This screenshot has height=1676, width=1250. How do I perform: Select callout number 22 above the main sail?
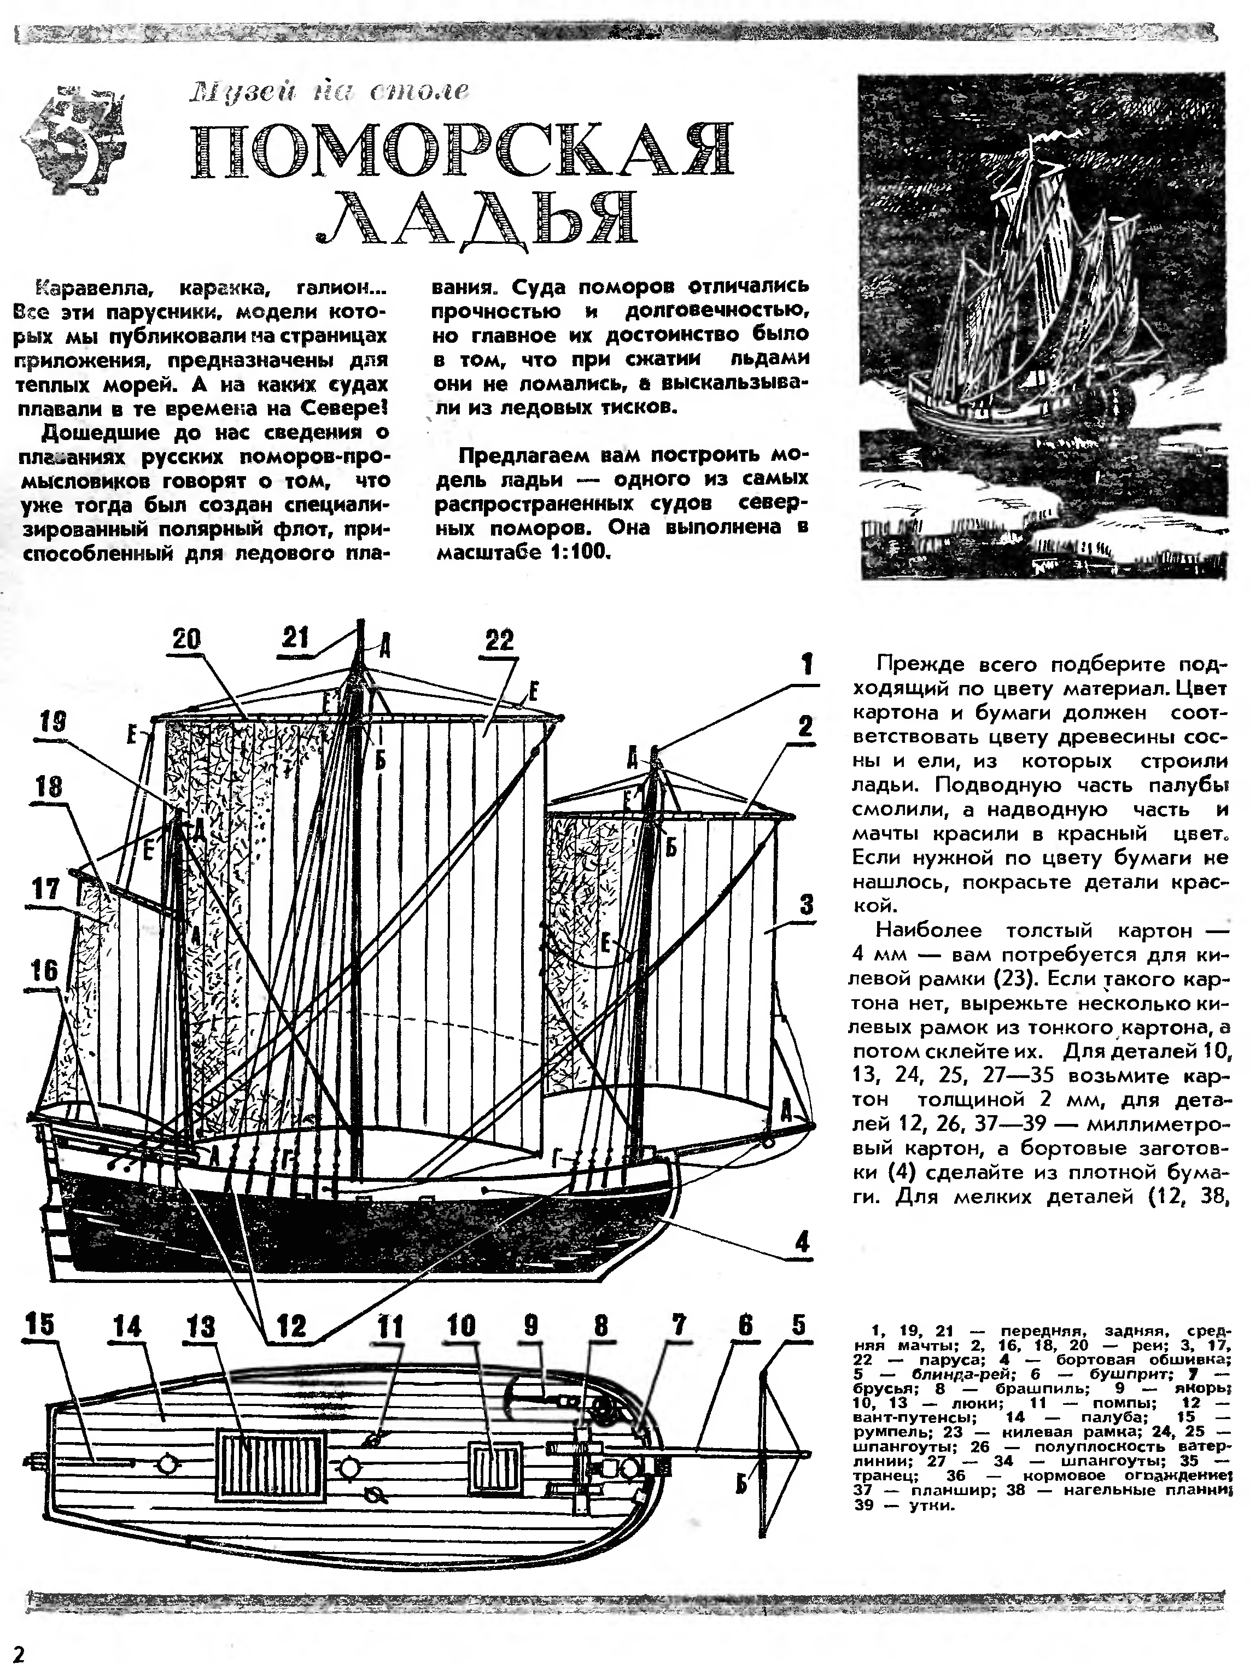(x=499, y=641)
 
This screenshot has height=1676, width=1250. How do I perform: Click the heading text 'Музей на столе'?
(x=329, y=91)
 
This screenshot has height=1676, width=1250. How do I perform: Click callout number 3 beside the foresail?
(x=807, y=905)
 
